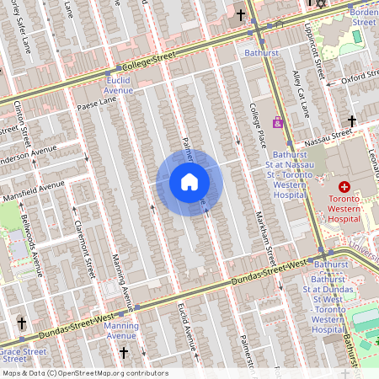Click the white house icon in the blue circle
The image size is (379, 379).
pyautogui.click(x=189, y=182)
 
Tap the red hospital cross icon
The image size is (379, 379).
pyautogui.click(x=344, y=186)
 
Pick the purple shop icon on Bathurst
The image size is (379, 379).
pyautogui.click(x=278, y=122)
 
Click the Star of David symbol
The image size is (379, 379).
pyautogui.click(x=319, y=3)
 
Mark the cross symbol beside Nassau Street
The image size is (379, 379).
pyautogui.click(x=351, y=121)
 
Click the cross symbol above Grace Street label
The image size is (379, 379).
pyautogui.click(x=21, y=323)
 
